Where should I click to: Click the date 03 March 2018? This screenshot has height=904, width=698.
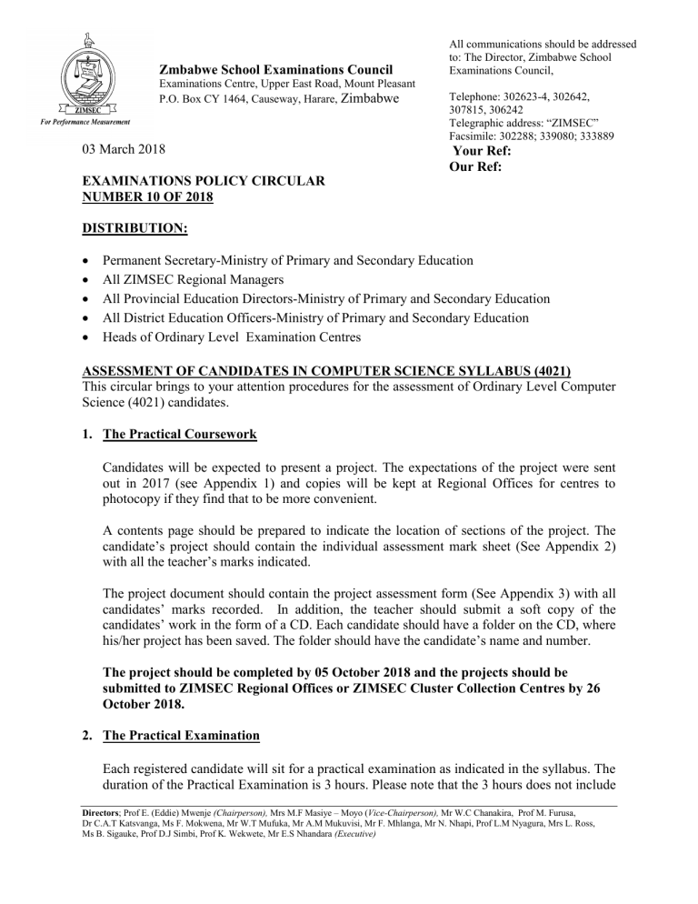124,148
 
